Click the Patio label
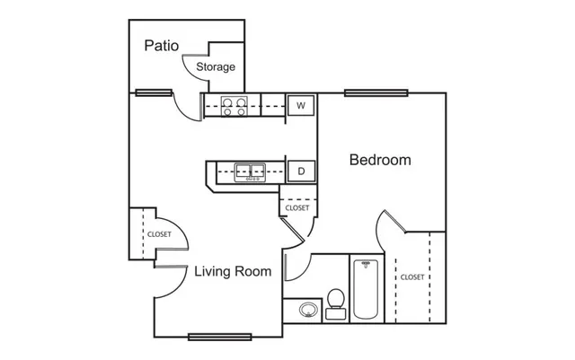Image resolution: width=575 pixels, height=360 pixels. click(162, 46)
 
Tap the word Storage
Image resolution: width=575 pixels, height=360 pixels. click(216, 66)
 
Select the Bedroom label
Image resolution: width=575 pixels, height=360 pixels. click(380, 160)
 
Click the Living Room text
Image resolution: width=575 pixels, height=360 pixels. click(233, 271)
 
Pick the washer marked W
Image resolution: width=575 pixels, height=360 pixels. click(301, 106)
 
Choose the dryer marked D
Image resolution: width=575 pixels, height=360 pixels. click(301, 171)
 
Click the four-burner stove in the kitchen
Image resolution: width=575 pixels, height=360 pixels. click(234, 106)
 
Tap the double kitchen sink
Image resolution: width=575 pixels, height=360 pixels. click(250, 172)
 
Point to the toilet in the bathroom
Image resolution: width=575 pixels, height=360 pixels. click(335, 304)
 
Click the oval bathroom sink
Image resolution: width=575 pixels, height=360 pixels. click(308, 310)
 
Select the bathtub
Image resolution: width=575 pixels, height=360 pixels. click(366, 289)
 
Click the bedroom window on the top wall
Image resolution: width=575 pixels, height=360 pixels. click(376, 93)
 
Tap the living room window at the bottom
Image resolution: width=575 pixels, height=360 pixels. click(219, 337)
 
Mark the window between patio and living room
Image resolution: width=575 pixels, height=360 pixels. click(154, 92)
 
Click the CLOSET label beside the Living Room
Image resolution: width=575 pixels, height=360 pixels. click(159, 234)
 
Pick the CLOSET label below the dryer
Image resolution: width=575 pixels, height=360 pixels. click(297, 208)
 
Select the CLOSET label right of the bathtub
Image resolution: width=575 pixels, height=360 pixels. click(412, 277)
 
